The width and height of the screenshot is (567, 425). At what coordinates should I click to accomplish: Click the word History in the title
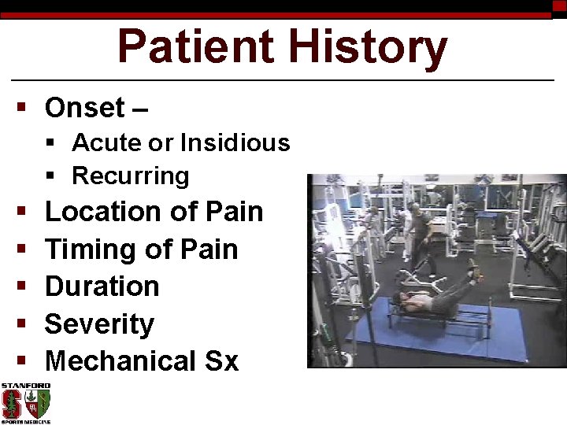click(x=369, y=47)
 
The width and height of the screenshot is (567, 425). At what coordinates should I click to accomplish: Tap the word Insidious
click(x=235, y=143)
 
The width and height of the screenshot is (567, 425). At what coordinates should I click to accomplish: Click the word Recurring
click(x=130, y=176)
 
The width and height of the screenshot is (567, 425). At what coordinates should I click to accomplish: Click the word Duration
click(x=102, y=286)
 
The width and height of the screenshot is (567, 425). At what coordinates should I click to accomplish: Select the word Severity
click(x=99, y=323)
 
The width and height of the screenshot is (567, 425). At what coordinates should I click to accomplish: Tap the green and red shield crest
click(x=38, y=405)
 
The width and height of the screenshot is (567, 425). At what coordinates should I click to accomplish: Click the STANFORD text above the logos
click(x=25, y=386)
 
